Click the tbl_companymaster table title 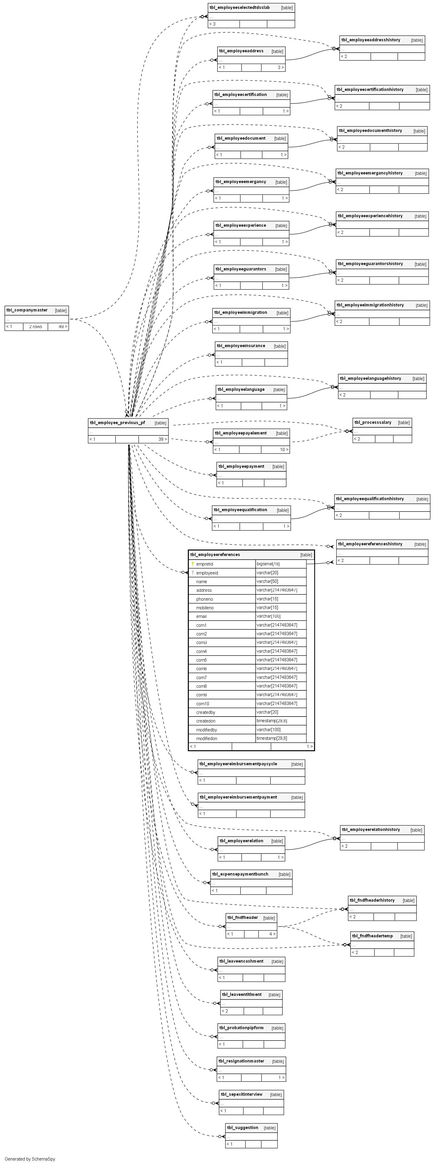(27, 310)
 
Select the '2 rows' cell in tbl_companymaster (35, 327)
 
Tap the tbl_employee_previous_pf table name (117, 423)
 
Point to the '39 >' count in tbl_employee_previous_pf (162, 439)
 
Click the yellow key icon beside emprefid (193, 564)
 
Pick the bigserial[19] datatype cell (268, 564)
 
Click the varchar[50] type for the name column (267, 582)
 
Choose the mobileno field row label (205, 608)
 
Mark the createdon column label (206, 721)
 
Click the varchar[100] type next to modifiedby (268, 730)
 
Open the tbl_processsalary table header (373, 422)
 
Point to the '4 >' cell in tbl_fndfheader (272, 934)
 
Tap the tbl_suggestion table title (242, 1128)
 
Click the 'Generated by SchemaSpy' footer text (30, 1159)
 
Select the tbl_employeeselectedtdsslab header (240, 8)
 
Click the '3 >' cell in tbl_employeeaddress (281, 67)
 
